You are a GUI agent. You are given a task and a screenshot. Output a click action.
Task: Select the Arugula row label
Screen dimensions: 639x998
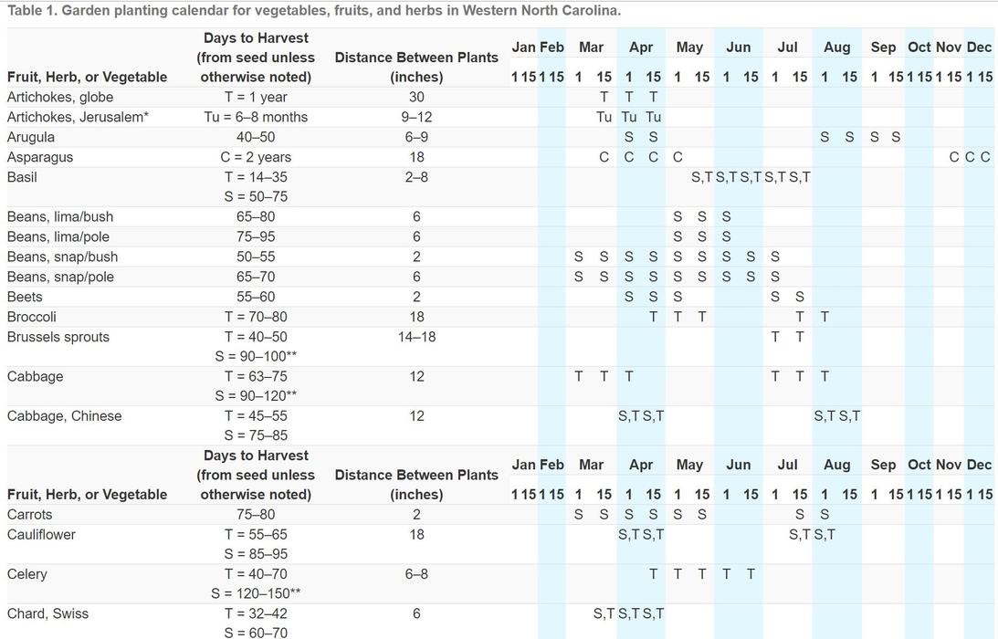click(x=31, y=137)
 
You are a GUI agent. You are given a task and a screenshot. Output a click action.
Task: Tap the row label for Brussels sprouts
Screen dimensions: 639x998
click(x=58, y=337)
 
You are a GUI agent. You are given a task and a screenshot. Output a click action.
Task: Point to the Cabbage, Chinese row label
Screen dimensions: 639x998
click(x=64, y=416)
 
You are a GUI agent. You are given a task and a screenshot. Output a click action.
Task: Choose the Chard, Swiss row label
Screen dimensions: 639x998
click(x=48, y=614)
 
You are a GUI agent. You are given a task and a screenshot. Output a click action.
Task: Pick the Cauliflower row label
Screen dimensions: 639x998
click(x=41, y=534)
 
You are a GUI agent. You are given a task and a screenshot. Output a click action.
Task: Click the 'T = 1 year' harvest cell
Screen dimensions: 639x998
click(x=256, y=97)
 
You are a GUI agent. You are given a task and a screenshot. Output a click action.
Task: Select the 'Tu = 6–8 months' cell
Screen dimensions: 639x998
click(x=256, y=117)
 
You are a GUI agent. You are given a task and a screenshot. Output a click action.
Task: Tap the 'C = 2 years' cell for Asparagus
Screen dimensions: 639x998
click(x=256, y=157)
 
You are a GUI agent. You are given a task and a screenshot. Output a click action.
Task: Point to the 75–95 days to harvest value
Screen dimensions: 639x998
click(x=256, y=236)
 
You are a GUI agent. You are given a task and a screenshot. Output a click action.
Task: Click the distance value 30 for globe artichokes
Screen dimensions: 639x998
click(x=416, y=97)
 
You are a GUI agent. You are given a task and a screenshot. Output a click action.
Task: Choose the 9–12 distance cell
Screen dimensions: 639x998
click(x=416, y=117)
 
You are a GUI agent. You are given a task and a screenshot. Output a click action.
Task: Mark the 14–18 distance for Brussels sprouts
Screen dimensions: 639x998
click(x=416, y=337)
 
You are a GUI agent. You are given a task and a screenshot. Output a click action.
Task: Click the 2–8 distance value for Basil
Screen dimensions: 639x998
click(x=416, y=177)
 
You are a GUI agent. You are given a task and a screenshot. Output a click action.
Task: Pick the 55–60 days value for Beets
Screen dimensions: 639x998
click(x=256, y=297)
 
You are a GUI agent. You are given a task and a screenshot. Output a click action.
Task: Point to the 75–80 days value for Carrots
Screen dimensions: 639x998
click(x=256, y=514)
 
